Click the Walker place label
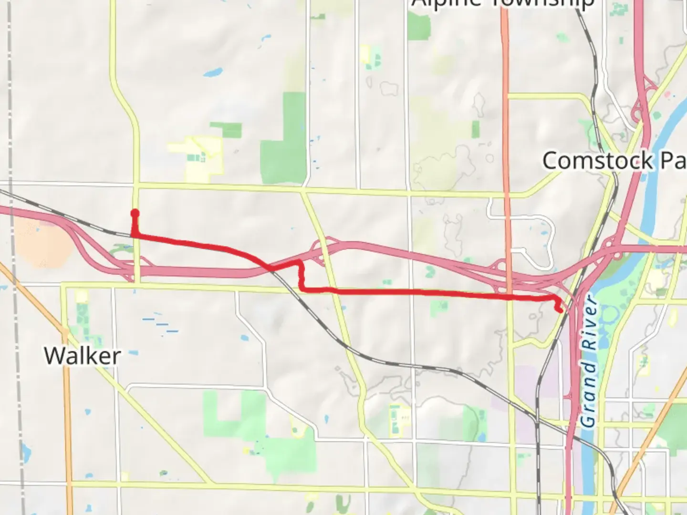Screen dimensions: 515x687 click(82, 356)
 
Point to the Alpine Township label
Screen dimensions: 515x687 click(503, 4)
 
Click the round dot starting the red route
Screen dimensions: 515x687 click(135, 213)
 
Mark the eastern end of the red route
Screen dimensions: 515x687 click(559, 310)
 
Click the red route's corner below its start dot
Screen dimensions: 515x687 click(135, 235)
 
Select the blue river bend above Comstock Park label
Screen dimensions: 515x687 click(668, 124)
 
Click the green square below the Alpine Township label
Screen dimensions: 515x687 click(418, 26)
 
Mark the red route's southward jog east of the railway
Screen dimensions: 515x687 click(301, 277)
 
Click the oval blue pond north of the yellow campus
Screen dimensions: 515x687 click(212, 73)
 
